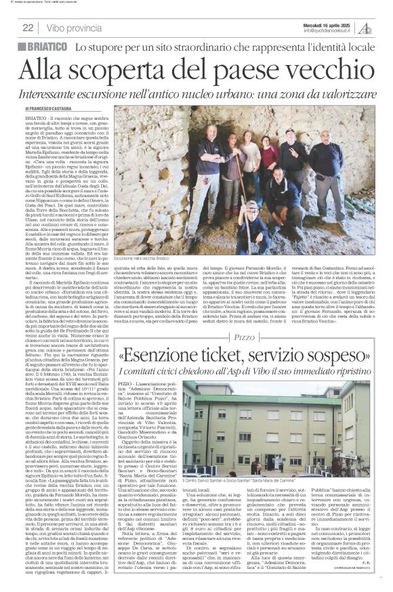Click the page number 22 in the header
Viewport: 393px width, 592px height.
click(x=28, y=28)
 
